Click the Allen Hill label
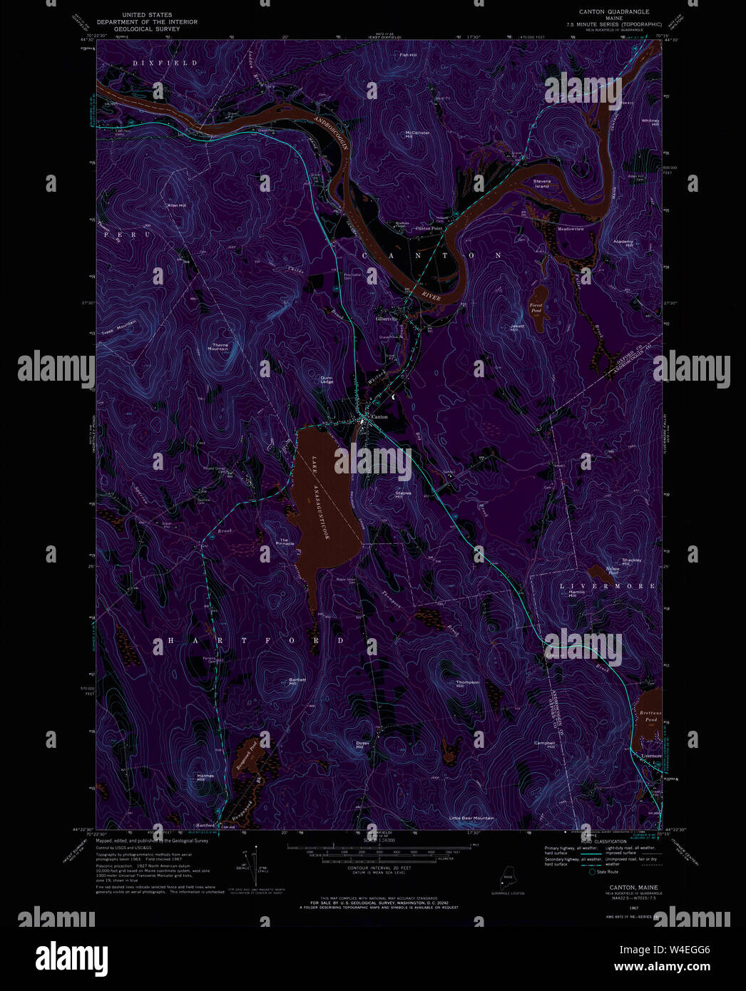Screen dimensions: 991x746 (176, 205)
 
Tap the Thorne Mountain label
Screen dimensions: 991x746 (218, 347)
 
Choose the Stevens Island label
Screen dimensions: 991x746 (542, 183)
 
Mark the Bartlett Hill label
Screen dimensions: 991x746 (297, 681)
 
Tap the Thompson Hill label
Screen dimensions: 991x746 (468, 684)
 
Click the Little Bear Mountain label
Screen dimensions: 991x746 (471, 818)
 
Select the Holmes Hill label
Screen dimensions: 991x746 (205, 778)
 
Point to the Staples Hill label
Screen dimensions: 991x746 (404, 494)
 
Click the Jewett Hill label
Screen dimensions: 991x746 (517, 328)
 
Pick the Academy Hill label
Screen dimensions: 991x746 (623, 243)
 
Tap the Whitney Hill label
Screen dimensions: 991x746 (650, 123)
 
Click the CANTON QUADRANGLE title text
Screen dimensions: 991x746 (613, 12)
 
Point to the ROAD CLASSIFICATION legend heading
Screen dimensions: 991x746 (603, 841)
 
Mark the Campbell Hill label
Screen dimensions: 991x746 (544, 745)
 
